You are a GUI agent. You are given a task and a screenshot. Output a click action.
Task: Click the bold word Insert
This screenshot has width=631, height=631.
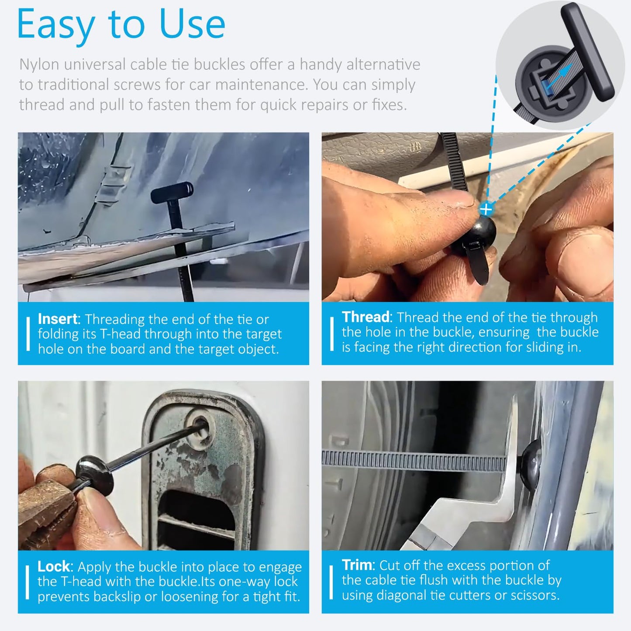[x=57, y=319]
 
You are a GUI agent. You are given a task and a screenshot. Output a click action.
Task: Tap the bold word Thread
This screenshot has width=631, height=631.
[x=365, y=317]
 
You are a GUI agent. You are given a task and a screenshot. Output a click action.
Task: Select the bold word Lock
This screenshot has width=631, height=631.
[x=53, y=566]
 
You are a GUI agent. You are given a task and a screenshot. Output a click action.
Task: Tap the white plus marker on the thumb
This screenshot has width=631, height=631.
[x=486, y=209]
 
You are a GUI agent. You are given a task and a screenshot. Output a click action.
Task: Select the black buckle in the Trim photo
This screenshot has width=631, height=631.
[x=531, y=463]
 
